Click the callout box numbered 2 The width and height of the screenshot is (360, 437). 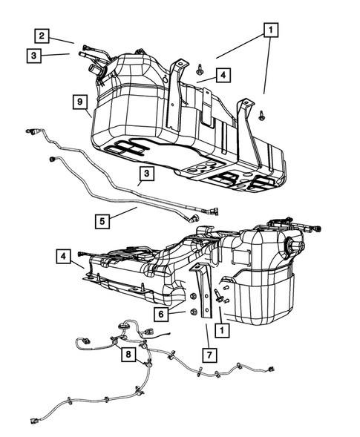42,35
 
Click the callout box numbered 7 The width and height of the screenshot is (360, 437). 211,355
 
